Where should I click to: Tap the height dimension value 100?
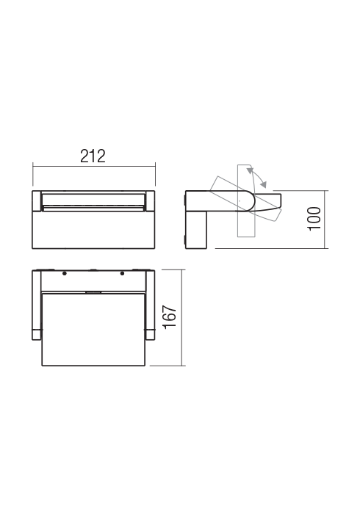pyautogui.click(x=314, y=219)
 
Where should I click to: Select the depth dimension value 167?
pyautogui.click(x=170, y=316)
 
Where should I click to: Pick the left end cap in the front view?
pyautogui.click(x=37, y=200)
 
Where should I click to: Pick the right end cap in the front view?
pyautogui.click(x=151, y=200)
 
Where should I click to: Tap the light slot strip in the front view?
pyautogui.click(x=93, y=201)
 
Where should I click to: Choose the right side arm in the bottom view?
pyautogui.click(x=151, y=305)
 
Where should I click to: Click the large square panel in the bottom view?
pyautogui.click(x=93, y=327)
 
